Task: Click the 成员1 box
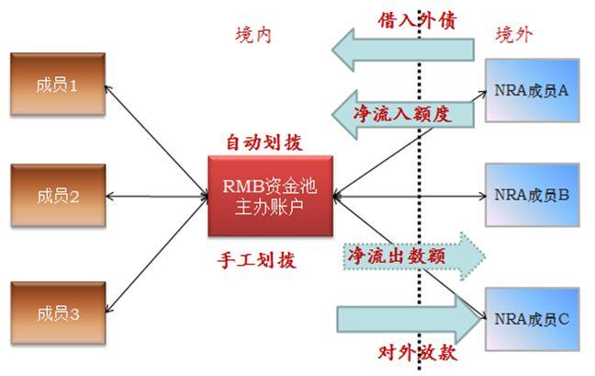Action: point(57,84)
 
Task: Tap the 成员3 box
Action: point(57,313)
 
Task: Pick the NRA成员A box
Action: point(532,91)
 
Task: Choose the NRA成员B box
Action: point(532,195)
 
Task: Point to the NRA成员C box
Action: point(532,318)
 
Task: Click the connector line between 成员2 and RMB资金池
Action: point(156,195)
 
